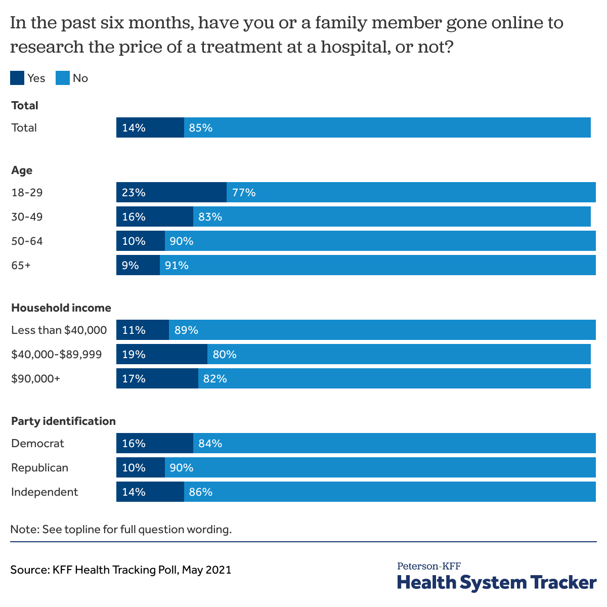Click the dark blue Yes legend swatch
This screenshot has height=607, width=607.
click(x=17, y=78)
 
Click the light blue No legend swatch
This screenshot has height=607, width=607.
click(x=62, y=78)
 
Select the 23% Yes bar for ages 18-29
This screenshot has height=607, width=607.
click(x=171, y=192)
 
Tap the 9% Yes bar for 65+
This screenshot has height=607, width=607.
click(x=138, y=265)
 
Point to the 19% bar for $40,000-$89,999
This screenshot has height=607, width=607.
click(x=161, y=354)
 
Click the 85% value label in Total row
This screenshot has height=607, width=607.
click(x=200, y=127)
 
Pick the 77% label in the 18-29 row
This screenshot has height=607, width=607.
click(x=243, y=192)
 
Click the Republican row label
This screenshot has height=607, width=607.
click(x=39, y=467)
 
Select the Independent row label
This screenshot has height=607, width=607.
click(x=45, y=492)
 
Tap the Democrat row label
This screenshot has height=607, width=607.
click(x=38, y=443)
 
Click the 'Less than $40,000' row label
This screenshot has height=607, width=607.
click(x=59, y=330)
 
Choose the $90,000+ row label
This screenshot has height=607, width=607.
click(x=35, y=378)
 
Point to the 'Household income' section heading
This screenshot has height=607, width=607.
click(x=61, y=308)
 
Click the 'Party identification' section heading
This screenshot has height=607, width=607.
click(x=63, y=421)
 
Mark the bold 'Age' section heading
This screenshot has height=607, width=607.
click(x=22, y=170)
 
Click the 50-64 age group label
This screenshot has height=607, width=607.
click(x=27, y=241)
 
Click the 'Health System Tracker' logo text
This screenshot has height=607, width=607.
click(x=496, y=582)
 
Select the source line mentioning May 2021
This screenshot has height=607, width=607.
click(x=120, y=570)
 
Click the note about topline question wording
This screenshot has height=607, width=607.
click(x=120, y=530)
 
